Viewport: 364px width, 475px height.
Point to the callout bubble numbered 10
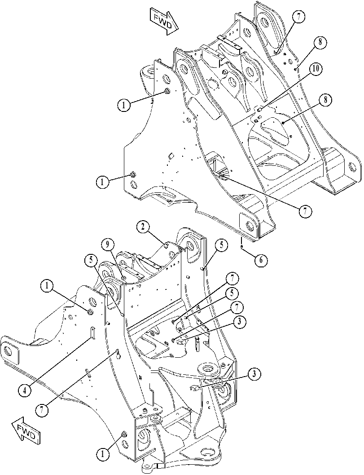click(x=315, y=69)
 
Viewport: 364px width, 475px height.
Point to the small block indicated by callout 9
click(x=123, y=277)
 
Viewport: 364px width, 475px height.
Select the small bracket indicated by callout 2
click(x=166, y=244)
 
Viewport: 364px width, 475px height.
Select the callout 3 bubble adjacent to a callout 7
click(x=239, y=322)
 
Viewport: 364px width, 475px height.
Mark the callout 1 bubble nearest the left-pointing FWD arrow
click(x=103, y=454)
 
